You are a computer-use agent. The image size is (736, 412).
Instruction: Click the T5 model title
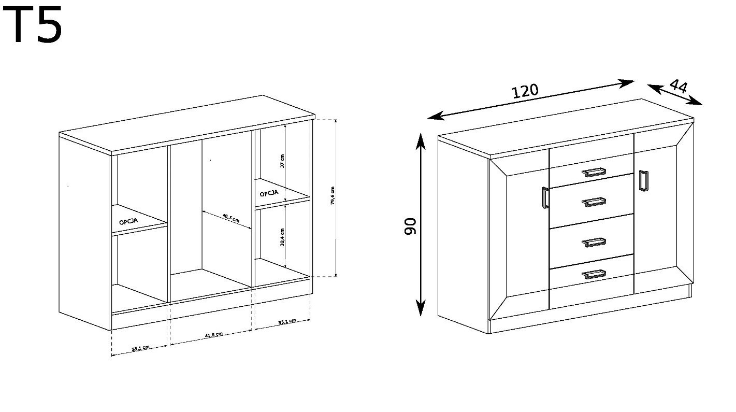point(32,24)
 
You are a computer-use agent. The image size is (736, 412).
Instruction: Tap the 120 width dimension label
point(526,91)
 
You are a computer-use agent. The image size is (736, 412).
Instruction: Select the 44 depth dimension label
point(679,86)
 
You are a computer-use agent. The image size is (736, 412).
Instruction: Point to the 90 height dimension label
point(410,226)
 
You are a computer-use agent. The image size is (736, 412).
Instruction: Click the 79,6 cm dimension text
point(333,196)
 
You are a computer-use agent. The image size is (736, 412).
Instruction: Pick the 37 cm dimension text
point(282,161)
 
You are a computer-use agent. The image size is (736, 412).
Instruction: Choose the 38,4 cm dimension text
point(282,237)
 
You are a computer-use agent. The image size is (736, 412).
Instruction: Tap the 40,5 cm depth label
point(231,218)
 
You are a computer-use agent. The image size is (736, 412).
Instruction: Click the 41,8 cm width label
point(214,335)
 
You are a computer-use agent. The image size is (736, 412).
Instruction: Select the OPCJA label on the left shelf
point(128,221)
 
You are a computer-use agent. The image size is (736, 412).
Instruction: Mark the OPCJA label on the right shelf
point(269,193)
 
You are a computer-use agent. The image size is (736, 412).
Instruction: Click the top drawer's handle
point(594,172)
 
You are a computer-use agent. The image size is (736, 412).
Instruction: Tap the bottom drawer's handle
point(594,274)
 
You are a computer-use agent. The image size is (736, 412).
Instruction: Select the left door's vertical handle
point(545,197)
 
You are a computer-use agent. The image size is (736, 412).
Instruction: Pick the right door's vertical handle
point(643,180)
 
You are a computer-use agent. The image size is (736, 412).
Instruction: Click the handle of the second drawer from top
point(594,202)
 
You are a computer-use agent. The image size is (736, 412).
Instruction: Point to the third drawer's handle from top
point(594,243)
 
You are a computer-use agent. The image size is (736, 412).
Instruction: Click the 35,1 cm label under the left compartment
point(141,348)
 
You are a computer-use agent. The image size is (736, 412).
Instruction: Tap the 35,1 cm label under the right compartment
point(287,321)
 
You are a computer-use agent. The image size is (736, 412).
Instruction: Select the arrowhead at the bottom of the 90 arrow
point(421,308)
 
